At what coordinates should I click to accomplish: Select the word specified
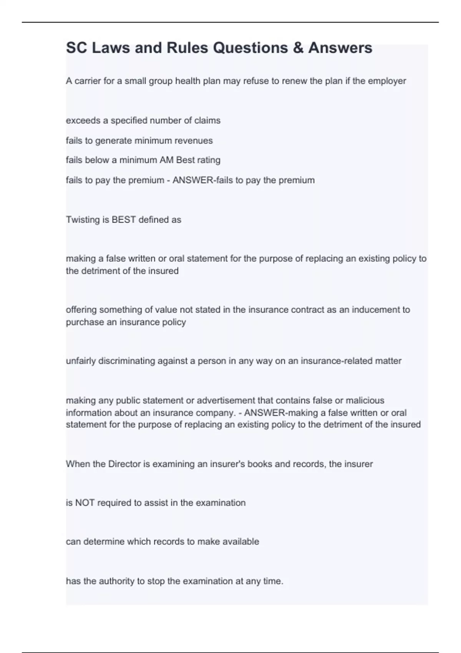click(129, 121)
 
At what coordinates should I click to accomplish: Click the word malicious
click(365, 401)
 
